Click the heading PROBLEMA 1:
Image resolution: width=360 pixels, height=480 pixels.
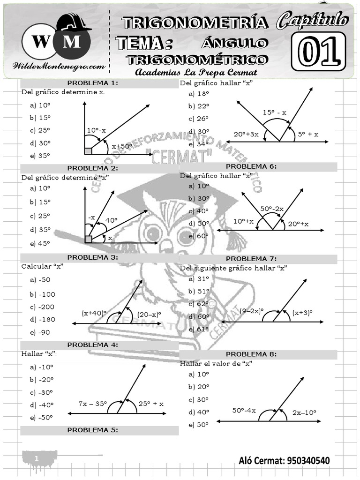pyautogui.click(x=99, y=83)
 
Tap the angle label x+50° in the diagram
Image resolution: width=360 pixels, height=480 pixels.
pyautogui.click(x=122, y=147)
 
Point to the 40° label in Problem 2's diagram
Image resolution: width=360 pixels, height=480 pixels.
pyautogui.click(x=111, y=220)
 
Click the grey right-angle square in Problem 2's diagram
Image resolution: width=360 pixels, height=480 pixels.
pyautogui.click(x=88, y=240)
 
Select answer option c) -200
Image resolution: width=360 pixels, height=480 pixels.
pyautogui.click(x=42, y=307)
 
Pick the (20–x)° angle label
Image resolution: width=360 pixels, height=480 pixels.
pyautogui.click(x=149, y=314)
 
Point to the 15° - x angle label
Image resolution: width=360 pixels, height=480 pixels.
pyautogui.click(x=274, y=112)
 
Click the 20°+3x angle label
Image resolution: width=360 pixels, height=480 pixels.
pyautogui.click(x=246, y=134)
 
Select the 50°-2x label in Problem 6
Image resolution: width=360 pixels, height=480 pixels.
pyautogui.click(x=272, y=208)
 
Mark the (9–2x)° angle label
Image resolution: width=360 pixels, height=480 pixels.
pyautogui.click(x=252, y=311)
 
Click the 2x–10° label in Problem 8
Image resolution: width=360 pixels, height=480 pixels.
pyautogui.click(x=304, y=412)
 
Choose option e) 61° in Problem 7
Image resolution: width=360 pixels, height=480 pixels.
pyautogui.click(x=199, y=329)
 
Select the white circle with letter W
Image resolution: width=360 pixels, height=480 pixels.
pyautogui.click(x=39, y=42)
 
